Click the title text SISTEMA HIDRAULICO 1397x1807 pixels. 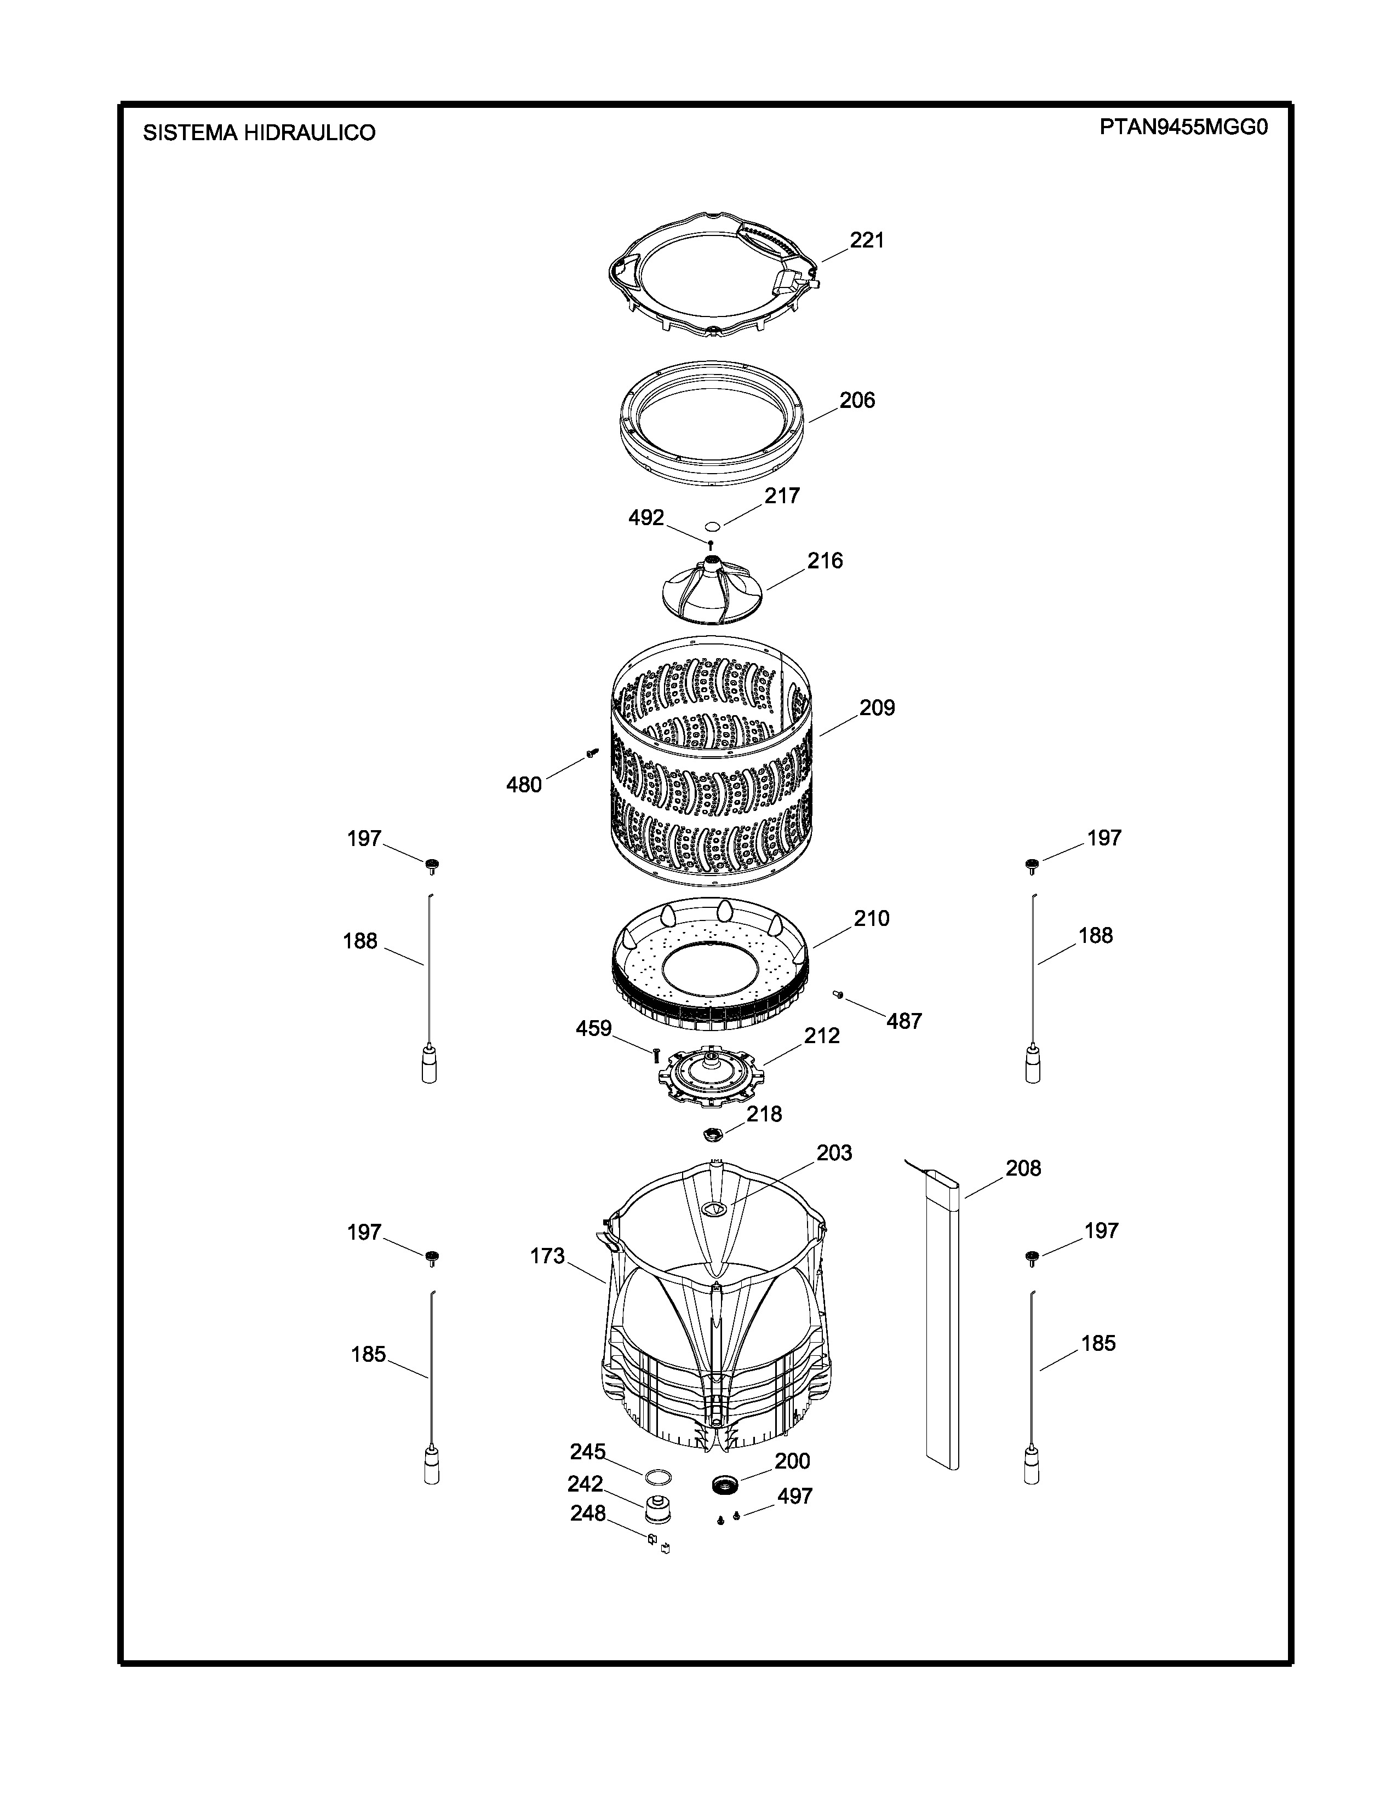tap(259, 133)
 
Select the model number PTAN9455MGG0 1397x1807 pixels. tap(1183, 128)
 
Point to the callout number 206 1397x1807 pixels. tap(857, 400)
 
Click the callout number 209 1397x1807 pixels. tap(877, 707)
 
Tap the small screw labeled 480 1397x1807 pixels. tap(592, 751)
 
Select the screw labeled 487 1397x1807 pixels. tap(838, 994)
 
